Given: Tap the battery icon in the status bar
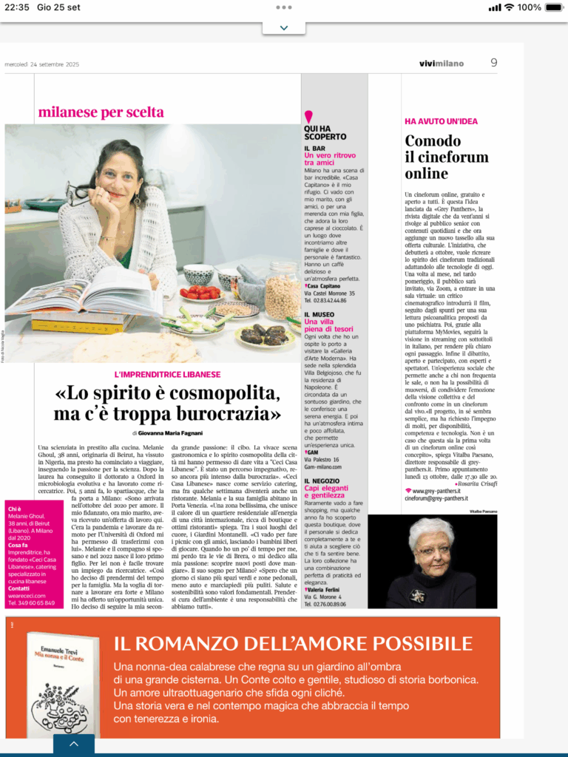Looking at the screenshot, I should tap(551, 7).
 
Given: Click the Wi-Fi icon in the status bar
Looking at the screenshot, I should tap(509, 7).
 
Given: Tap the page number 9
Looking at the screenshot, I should tap(493, 63).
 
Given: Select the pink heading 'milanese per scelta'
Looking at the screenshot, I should tap(101, 112).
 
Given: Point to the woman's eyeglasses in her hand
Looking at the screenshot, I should tap(80, 194).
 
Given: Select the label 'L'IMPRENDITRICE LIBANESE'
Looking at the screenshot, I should tap(167, 375).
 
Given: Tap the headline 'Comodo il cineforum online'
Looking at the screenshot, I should tap(447, 157).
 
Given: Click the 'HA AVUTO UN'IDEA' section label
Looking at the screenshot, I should tap(442, 120).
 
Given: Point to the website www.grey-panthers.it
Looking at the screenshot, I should tap(436, 490).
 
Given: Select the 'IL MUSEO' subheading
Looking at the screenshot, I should tap(322, 314).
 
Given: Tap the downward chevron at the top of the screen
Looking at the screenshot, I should tap(284, 28).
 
